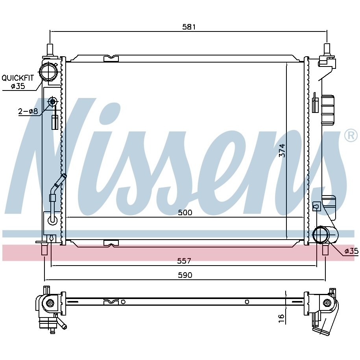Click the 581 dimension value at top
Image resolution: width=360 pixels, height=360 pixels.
[189, 27]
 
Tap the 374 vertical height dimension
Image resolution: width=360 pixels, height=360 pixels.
[282, 150]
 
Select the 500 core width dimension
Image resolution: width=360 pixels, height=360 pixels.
[185, 212]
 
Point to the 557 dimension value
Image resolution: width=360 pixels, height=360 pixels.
[184, 261]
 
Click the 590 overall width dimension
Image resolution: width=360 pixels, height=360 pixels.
[185, 275]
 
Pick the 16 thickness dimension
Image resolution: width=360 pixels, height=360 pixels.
[281, 318]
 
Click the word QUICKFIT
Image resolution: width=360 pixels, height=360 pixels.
[18, 78]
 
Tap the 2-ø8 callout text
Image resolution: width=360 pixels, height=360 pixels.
[28, 111]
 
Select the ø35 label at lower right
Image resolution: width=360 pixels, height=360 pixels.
[351, 251]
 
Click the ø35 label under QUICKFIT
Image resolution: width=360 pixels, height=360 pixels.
[18, 86]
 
